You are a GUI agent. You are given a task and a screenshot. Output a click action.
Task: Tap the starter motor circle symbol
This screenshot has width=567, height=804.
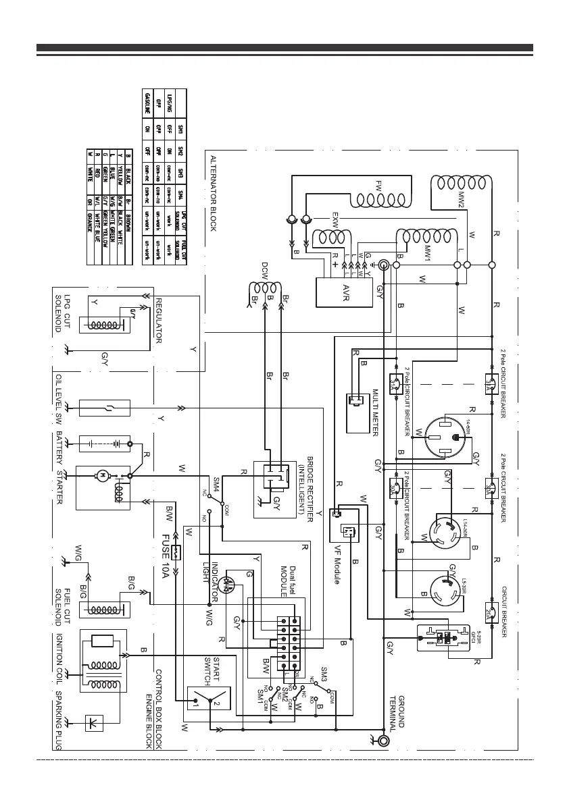(102, 476)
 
